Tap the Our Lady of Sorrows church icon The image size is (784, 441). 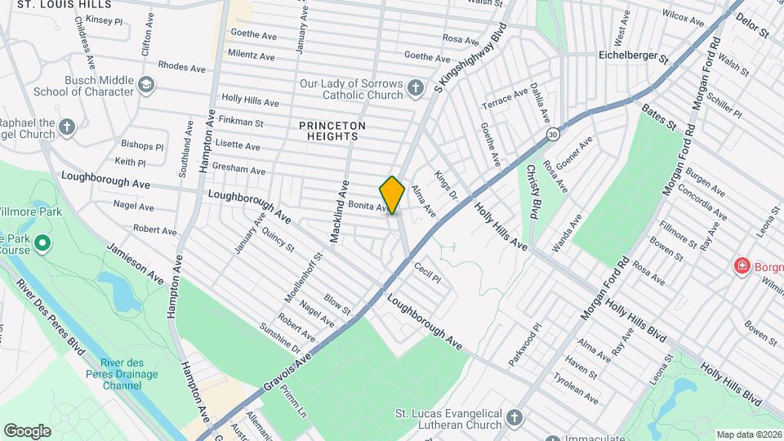[416, 87]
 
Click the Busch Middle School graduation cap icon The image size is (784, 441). [145, 84]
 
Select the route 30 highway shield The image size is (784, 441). [553, 133]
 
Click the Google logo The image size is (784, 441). [27, 430]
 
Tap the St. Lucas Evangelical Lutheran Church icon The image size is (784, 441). [514, 418]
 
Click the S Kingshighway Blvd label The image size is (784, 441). [471, 57]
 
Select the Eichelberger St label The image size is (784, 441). [632, 60]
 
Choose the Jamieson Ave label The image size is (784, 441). [135, 262]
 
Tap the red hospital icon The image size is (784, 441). [742, 266]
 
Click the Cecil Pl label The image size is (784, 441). [427, 272]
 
